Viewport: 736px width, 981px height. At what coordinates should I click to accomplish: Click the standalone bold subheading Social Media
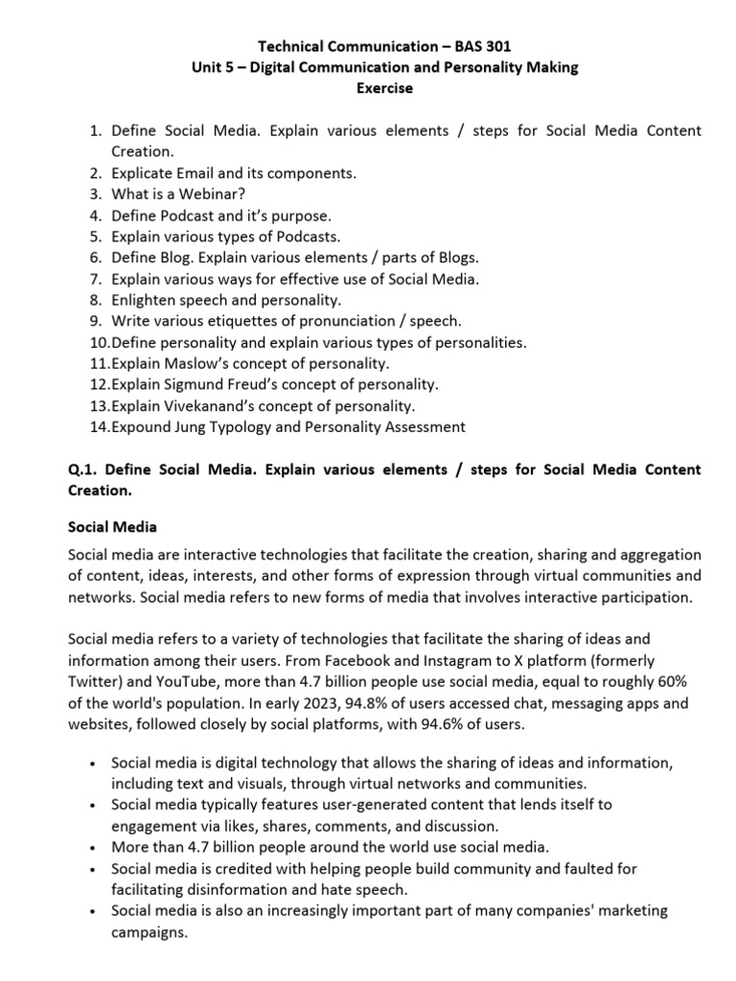pos(113,527)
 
